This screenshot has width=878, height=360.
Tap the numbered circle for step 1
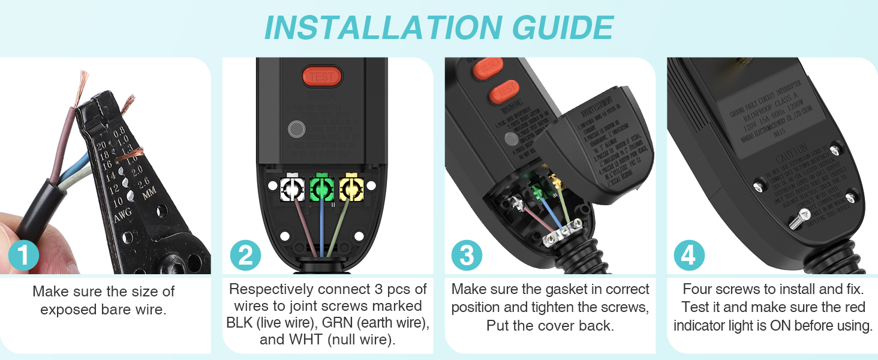[x=23, y=256]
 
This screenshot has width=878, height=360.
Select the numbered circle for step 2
[x=245, y=256]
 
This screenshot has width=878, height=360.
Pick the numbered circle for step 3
[x=467, y=256]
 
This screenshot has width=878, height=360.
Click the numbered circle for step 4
[x=688, y=256]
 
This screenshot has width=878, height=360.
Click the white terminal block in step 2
[x=293, y=188]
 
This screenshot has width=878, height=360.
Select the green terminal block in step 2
[x=322, y=188]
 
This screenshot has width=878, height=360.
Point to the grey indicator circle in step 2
[x=297, y=129]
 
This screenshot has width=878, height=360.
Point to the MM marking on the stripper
[x=148, y=193]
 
